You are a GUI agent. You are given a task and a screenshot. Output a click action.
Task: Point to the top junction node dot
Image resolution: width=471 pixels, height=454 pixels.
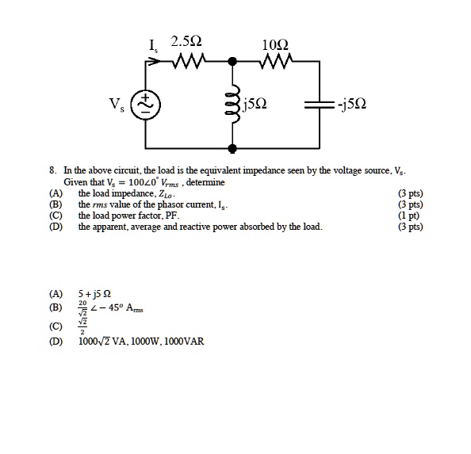232,61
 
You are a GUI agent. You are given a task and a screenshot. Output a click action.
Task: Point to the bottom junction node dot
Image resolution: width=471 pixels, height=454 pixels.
232,148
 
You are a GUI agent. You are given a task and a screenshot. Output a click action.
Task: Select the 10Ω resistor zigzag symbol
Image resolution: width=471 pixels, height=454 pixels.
281,60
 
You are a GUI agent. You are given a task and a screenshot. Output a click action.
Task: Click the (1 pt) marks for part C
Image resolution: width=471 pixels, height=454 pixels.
413,216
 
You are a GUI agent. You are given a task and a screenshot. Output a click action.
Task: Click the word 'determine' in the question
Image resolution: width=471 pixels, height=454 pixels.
209,182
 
